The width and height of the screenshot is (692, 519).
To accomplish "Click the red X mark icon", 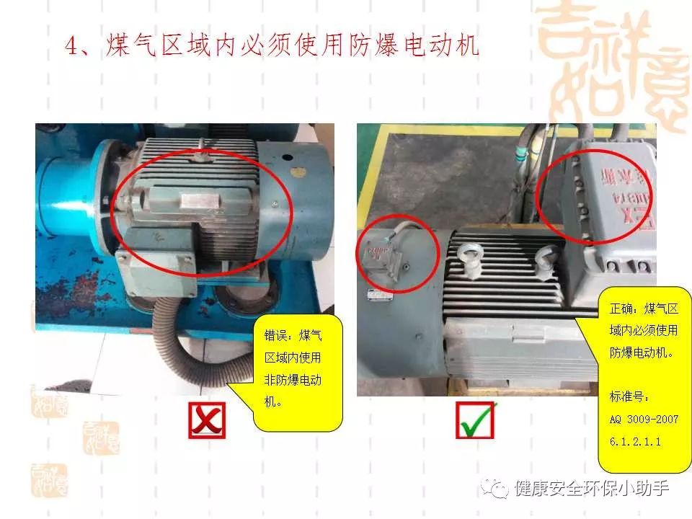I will click(207, 420).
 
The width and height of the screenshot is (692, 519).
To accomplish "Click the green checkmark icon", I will click(476, 420).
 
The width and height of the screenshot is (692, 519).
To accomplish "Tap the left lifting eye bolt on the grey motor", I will click(469, 259).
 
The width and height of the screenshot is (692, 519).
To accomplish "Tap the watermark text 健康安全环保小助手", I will click(591, 489).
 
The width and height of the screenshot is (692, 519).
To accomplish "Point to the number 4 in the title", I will click(71, 47).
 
